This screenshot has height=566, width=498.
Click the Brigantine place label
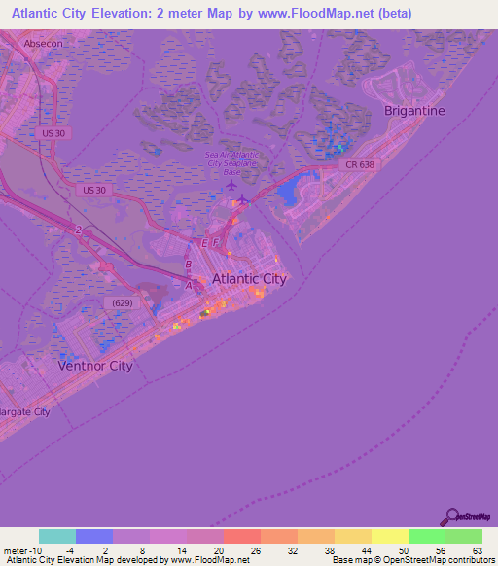pyautogui.click(x=414, y=110)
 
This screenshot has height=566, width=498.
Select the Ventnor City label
pyautogui.click(x=94, y=366)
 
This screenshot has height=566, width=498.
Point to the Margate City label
pyautogui.click(x=25, y=412)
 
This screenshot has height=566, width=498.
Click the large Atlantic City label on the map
pyautogui.click(x=249, y=278)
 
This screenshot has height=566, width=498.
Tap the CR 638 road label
pyautogui.click(x=359, y=165)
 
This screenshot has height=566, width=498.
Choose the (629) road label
pyautogui.click(x=124, y=302)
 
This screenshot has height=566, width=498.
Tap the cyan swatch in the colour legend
pyautogui.click(x=57, y=536)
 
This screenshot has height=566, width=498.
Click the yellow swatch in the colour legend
pyautogui.click(x=389, y=536)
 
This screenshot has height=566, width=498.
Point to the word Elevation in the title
pyautogui.click(x=150, y=14)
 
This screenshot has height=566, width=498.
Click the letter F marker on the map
pyautogui.click(x=217, y=242)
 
